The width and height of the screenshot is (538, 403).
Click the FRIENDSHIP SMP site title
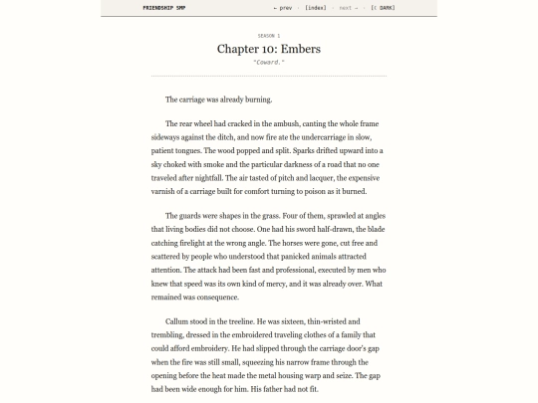pyautogui.click(x=135, y=8)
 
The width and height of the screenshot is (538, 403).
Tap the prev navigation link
pyautogui.click(x=283, y=8)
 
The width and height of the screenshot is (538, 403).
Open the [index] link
pyautogui.click(x=315, y=8)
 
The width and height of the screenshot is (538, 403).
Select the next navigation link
pyautogui.click(x=346, y=8)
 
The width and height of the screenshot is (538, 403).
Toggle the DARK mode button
pyautogui.click(x=382, y=8)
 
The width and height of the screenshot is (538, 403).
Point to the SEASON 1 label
pyautogui.click(x=269, y=35)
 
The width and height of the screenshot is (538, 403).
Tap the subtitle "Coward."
pyautogui.click(x=269, y=63)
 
